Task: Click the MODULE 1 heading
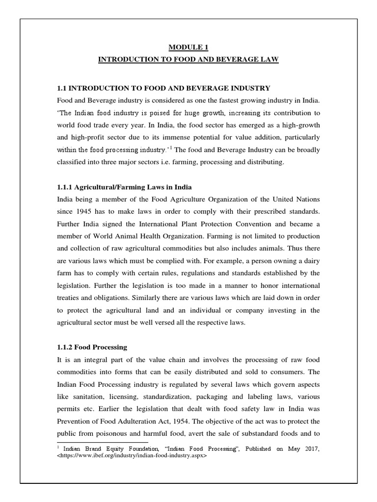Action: [188, 47]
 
